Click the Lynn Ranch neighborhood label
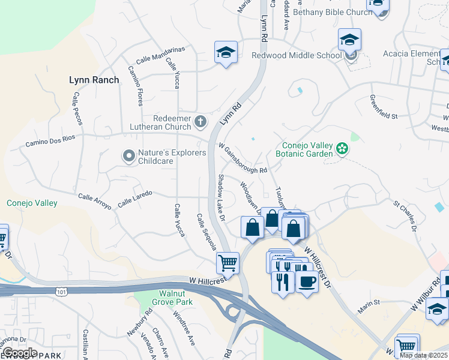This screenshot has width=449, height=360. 94,79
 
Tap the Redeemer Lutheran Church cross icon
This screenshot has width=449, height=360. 200,123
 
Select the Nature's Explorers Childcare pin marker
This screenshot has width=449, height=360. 128,157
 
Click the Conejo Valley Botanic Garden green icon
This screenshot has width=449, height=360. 342,148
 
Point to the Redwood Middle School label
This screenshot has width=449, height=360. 288,56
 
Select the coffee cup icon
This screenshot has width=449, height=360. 307,281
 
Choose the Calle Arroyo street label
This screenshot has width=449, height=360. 95,201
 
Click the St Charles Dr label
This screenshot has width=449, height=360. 405,216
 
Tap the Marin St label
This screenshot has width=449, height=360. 370,304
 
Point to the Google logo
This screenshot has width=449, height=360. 20,352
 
